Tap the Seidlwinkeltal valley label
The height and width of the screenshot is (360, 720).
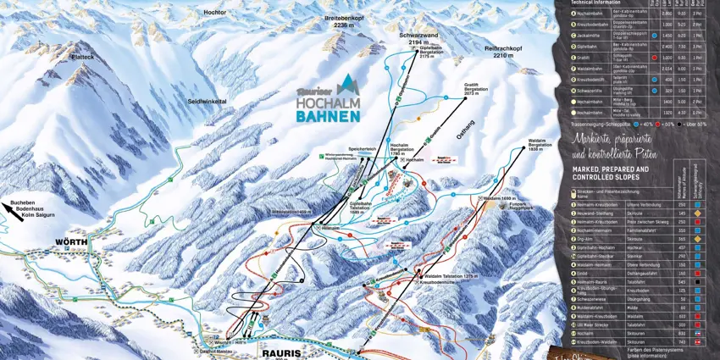coord(207,101)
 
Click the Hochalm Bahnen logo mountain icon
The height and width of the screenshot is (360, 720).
coord(347,85)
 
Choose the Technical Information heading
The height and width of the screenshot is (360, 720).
coord(596,3)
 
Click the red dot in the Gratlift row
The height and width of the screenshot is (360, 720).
coord(655,58)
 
